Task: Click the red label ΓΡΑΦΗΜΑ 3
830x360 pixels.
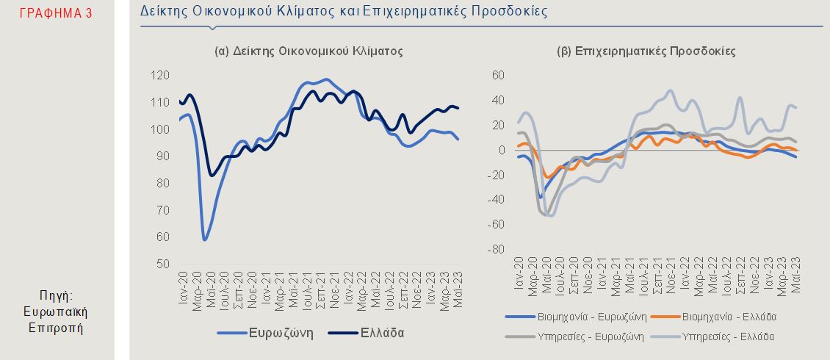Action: coord(55,12)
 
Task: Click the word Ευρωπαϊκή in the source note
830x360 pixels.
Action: coord(56,312)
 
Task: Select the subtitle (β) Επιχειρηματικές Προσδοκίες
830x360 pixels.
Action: coord(646,51)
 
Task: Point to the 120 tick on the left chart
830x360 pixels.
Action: coord(161,75)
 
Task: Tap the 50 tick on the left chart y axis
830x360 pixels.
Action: coord(163,264)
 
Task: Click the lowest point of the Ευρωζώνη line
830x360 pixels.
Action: coord(205,240)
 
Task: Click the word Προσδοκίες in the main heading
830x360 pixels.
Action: coord(508,12)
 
